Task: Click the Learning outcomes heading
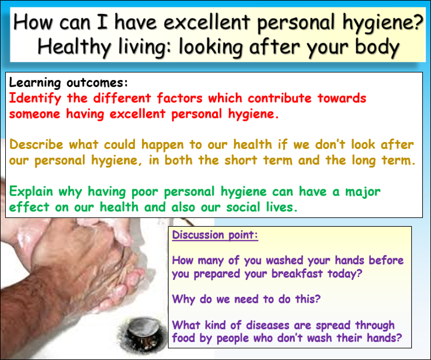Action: (x=68, y=82)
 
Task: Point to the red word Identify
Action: (x=36, y=98)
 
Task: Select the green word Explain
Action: (x=34, y=192)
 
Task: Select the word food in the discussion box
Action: (x=184, y=338)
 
